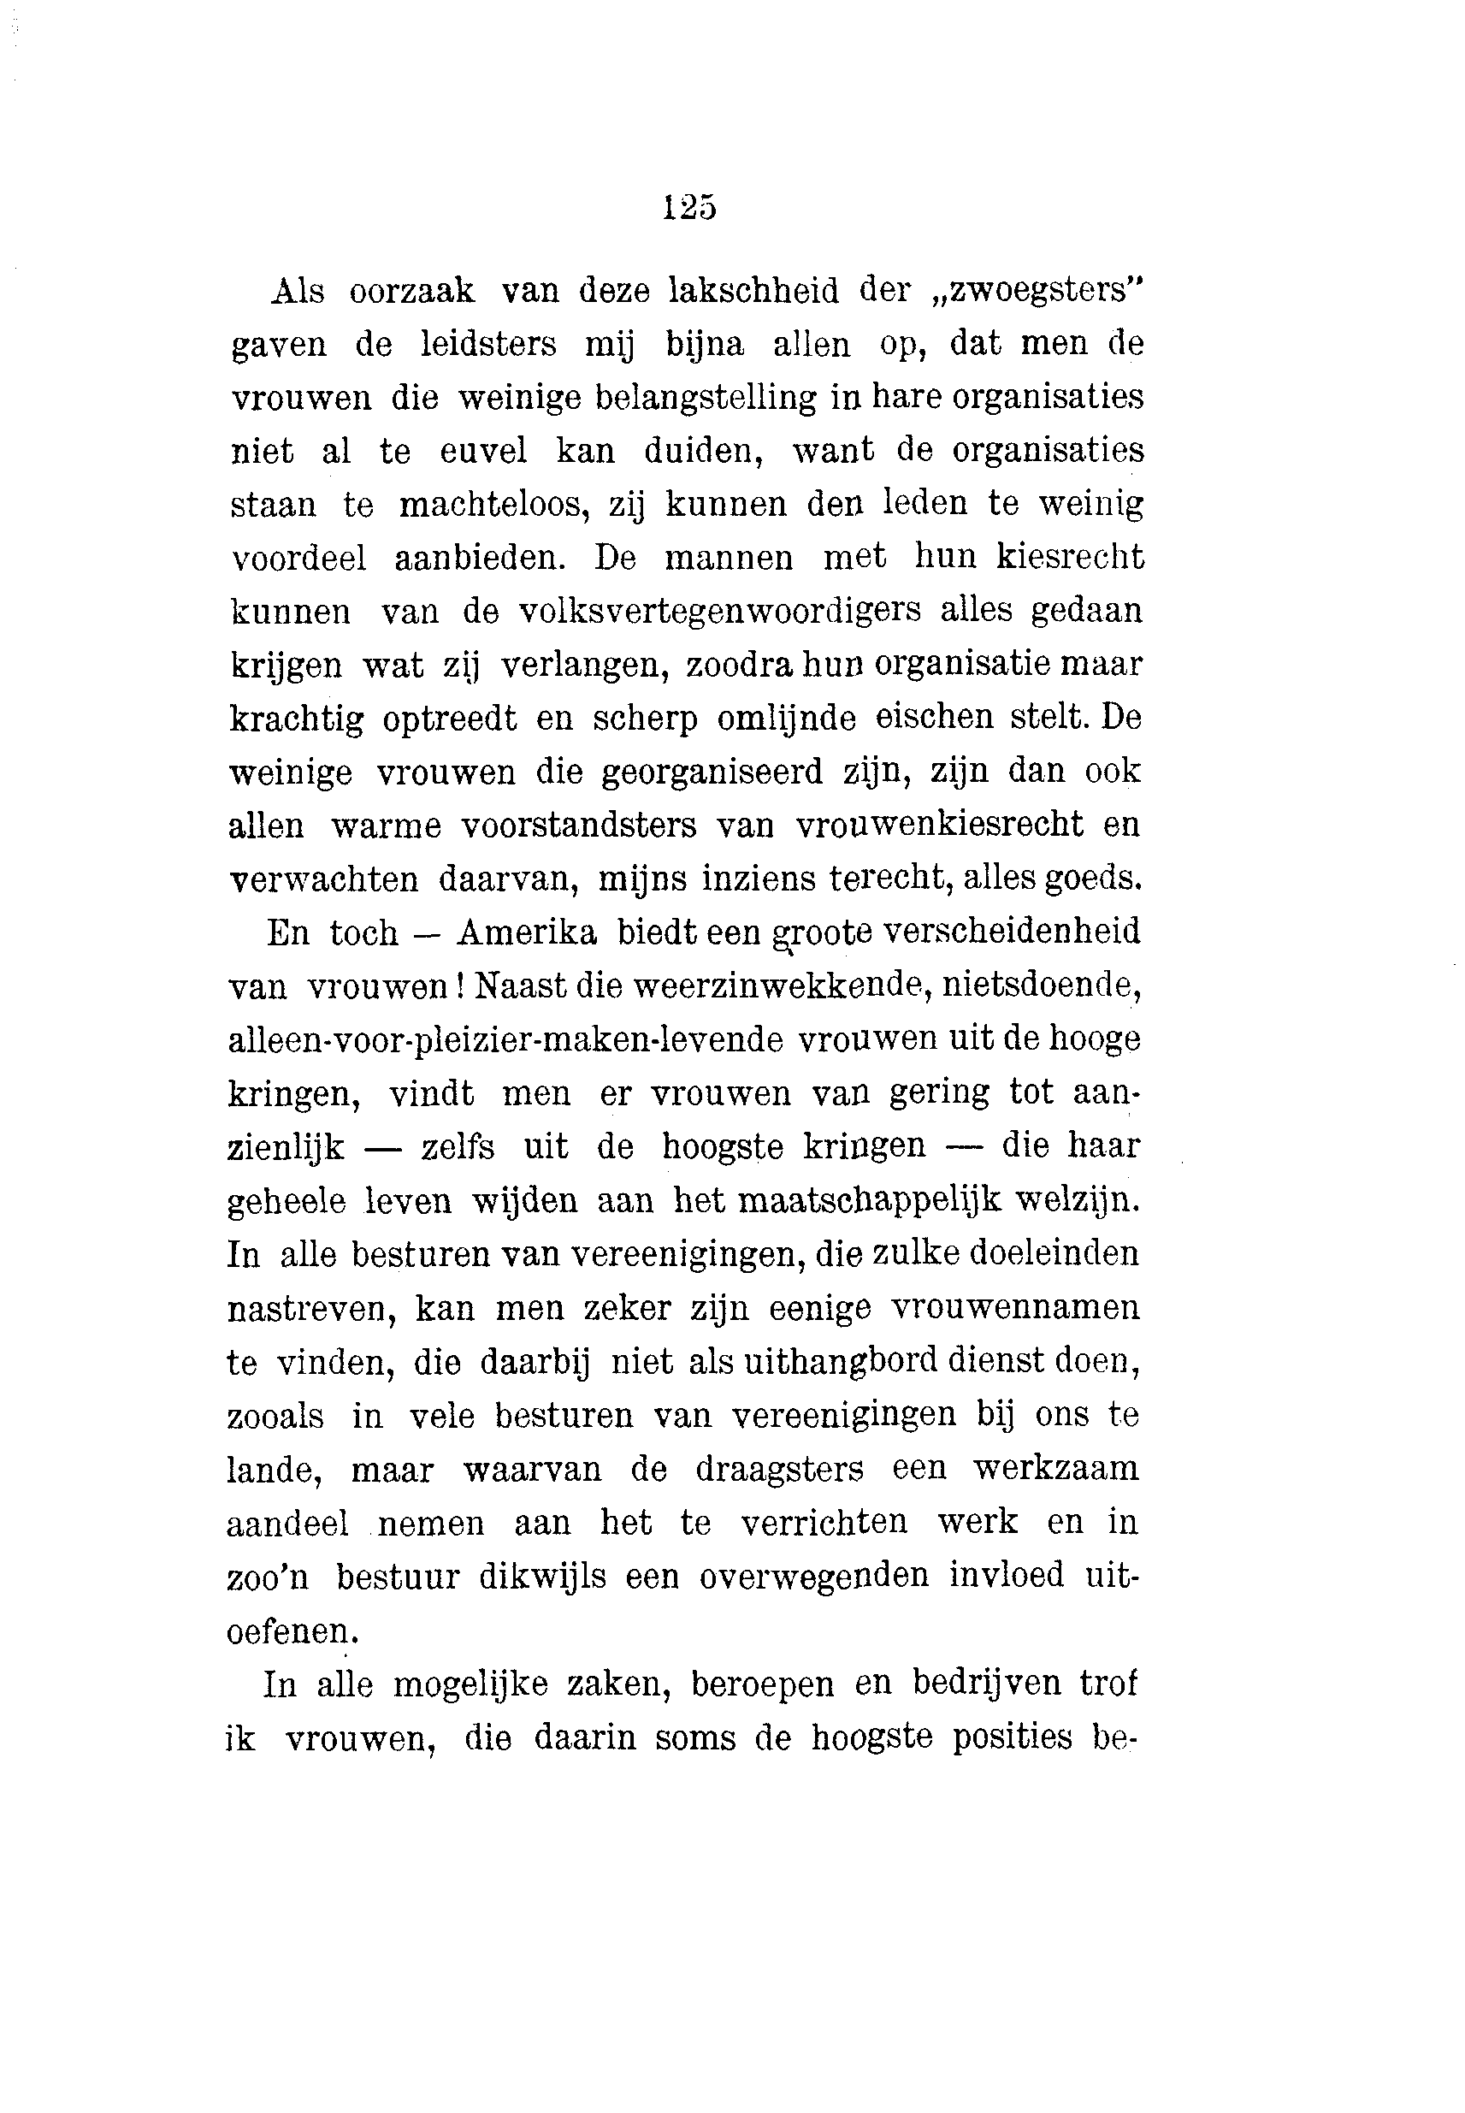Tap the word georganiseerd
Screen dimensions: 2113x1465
(x=712, y=771)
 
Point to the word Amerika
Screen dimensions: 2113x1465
(x=527, y=932)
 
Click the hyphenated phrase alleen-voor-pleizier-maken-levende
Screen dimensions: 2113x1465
(x=505, y=1040)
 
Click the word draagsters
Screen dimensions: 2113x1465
(x=779, y=1469)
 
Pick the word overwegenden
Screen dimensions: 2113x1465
(x=814, y=1576)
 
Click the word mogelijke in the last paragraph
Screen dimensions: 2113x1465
(x=470, y=1684)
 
